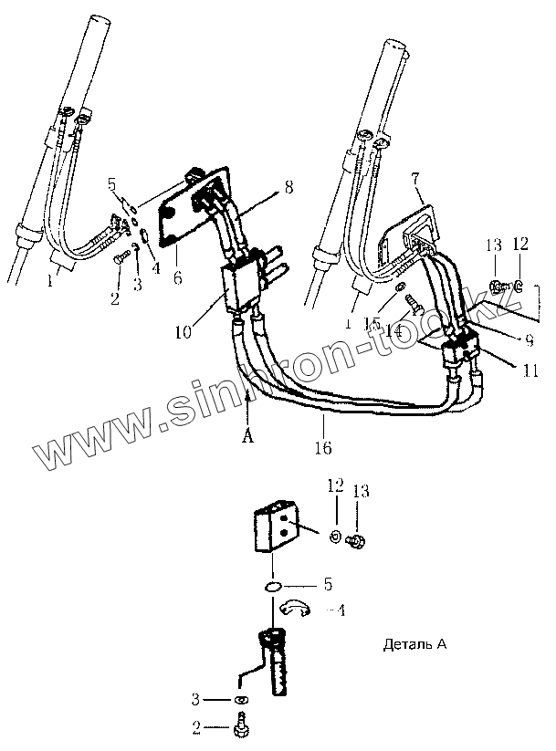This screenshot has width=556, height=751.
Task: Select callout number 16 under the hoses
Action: click(324, 448)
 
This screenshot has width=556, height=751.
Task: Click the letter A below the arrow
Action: click(246, 435)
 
